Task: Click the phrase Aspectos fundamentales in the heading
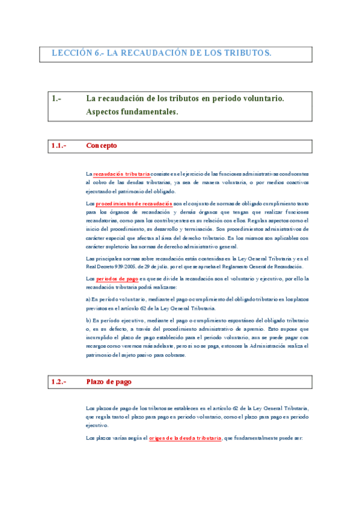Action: click(x=132, y=112)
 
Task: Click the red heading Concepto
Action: click(x=102, y=146)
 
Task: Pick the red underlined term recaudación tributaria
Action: click(x=122, y=174)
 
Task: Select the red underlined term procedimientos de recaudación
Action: click(x=134, y=204)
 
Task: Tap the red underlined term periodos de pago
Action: click(x=117, y=279)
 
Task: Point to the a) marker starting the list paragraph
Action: click(x=88, y=299)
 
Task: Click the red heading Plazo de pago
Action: click(x=109, y=382)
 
